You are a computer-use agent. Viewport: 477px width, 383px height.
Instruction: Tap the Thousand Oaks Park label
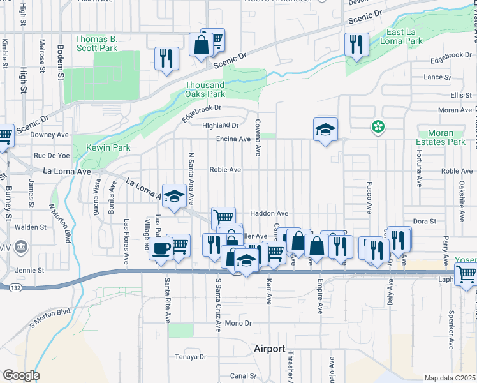point(205,89)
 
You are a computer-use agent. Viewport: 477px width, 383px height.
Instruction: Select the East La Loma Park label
point(404,36)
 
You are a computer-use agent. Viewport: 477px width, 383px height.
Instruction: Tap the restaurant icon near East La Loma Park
point(354,45)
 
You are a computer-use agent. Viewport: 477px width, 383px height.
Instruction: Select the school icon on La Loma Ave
point(174,196)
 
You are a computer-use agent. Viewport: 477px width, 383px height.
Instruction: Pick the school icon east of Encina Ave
point(325,130)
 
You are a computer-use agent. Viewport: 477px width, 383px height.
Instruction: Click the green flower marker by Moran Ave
point(378,126)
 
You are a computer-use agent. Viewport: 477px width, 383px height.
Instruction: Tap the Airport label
point(270,349)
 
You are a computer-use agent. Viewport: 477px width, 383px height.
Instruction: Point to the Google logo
point(20,375)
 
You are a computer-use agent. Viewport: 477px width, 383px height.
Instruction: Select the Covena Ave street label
point(258,137)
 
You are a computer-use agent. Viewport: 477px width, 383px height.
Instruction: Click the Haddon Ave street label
point(269,213)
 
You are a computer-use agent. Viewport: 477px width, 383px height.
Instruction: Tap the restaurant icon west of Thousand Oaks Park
point(166,59)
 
